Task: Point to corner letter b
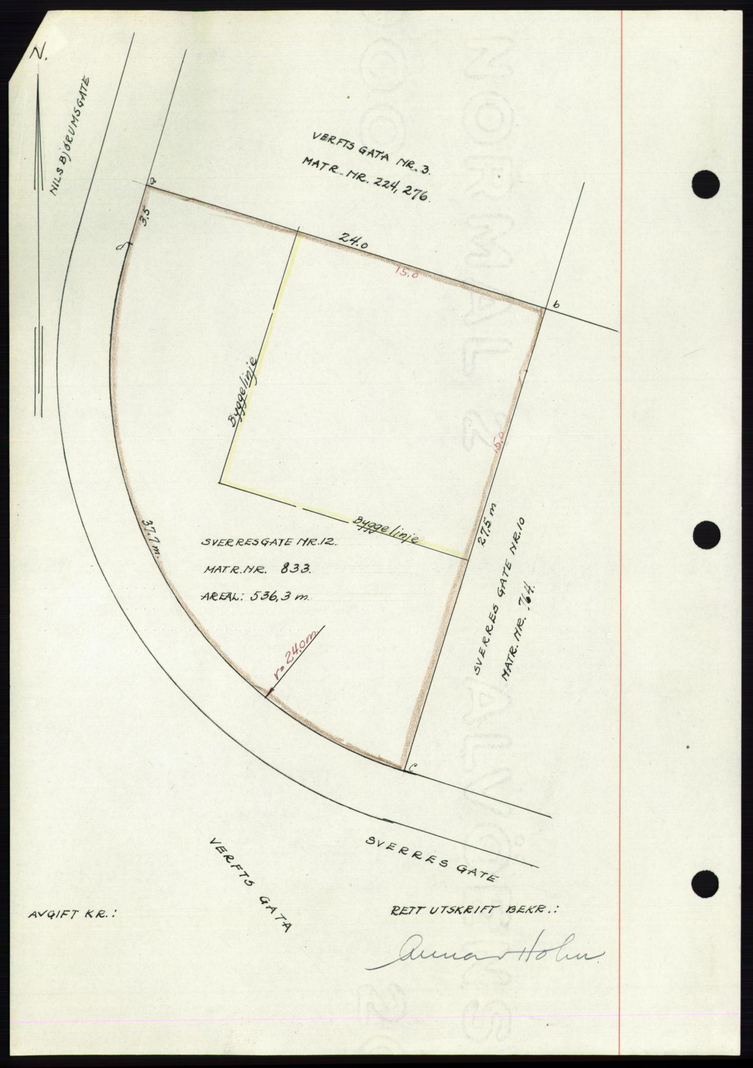pos(555,306)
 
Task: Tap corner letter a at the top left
pos(152,180)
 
